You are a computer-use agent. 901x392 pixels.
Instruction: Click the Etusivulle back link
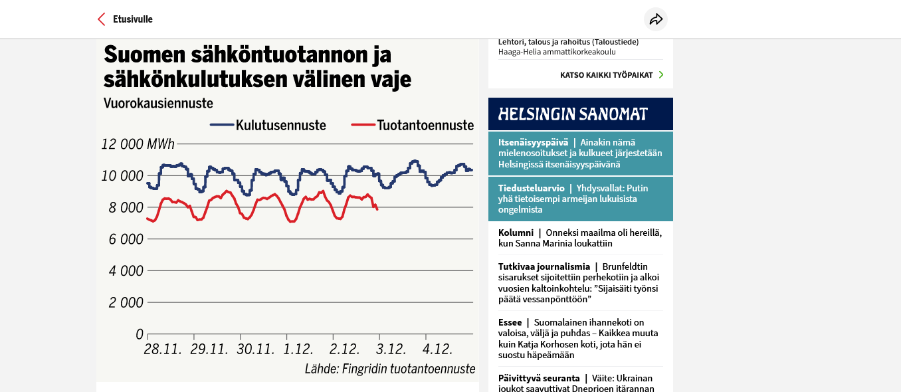[x=126, y=19]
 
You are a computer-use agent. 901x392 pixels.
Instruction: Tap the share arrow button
[x=656, y=19]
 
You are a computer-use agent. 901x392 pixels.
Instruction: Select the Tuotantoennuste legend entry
[x=412, y=125]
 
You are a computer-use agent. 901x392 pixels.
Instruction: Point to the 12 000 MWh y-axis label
[x=138, y=144]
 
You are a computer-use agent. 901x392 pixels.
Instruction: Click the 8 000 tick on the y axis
[x=126, y=208]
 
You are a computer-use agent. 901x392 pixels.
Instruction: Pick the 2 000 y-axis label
[x=126, y=303]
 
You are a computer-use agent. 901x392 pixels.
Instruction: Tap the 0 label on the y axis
[x=140, y=334]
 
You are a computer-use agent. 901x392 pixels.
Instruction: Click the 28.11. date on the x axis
[x=163, y=349]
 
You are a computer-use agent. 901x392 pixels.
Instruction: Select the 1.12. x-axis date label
[x=298, y=349]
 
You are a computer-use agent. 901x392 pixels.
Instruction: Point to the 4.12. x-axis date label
[x=438, y=349]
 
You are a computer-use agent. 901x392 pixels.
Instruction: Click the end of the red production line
[x=377, y=209]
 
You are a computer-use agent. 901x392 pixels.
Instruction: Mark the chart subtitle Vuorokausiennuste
[x=158, y=104]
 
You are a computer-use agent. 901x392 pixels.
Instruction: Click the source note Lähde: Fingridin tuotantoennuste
[x=390, y=369]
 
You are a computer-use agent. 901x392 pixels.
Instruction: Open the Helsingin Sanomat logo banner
[x=580, y=114]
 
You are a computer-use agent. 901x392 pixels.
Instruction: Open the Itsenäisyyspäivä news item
[x=580, y=153]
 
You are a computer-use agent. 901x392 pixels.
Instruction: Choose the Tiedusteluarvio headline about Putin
[x=580, y=199]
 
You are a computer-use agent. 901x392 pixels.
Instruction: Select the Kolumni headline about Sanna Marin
[x=580, y=238]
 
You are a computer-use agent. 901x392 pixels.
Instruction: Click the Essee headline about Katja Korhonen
[x=580, y=339]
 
